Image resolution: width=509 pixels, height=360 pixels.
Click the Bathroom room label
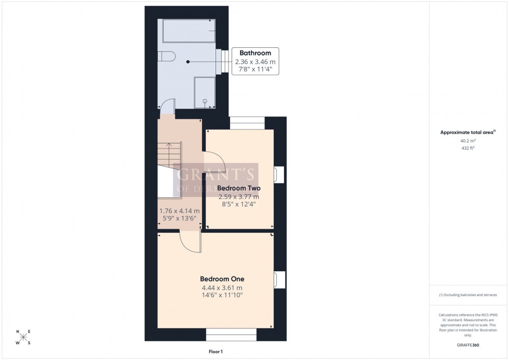pos(255,53)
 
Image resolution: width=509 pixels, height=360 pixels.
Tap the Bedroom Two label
pos(238,188)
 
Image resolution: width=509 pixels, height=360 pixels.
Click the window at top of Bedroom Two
pos(247,123)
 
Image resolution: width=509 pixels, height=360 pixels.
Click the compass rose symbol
pos(23,337)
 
